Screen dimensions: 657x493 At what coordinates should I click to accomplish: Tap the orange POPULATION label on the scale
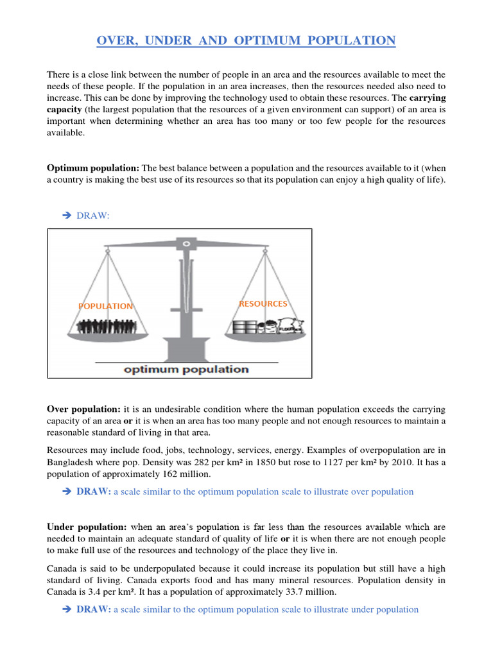[106, 306]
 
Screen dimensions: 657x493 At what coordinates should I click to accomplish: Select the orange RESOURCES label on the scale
[263, 303]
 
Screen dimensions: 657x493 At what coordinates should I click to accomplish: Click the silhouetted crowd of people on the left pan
[106, 327]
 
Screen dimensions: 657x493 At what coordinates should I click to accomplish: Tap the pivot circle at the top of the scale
[186, 244]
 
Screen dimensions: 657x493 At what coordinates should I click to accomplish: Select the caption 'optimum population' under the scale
[186, 369]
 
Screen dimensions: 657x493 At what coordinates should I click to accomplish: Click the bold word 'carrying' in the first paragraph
[427, 98]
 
